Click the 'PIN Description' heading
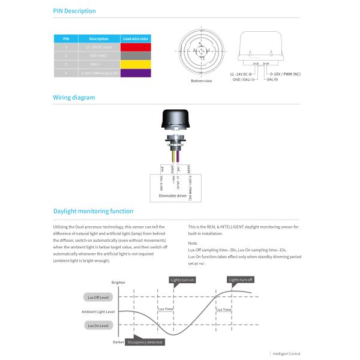(x=74, y=11)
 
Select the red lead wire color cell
(x=135, y=46)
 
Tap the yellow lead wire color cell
(x=135, y=64)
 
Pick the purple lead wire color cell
(x=135, y=73)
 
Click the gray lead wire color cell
(x=135, y=55)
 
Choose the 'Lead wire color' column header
(x=135, y=38)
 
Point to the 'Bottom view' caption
(x=201, y=80)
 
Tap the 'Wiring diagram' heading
(x=74, y=97)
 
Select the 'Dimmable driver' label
(x=172, y=196)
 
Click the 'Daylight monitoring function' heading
(x=93, y=211)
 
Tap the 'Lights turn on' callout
(x=182, y=280)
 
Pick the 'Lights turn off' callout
(x=241, y=280)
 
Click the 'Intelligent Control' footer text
(x=287, y=354)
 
